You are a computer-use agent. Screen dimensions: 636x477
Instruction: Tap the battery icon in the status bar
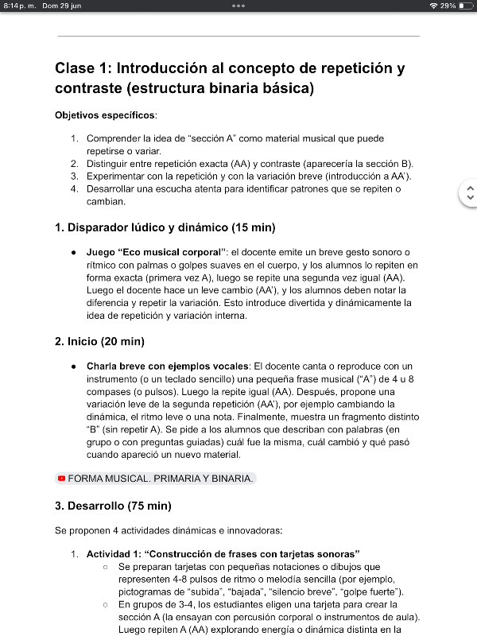(465, 6)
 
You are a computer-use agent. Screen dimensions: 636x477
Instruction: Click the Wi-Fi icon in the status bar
(433, 6)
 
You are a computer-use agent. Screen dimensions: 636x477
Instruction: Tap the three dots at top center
(238, 6)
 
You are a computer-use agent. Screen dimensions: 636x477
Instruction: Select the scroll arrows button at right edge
(469, 192)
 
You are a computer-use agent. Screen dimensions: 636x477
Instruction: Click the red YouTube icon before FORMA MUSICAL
(61, 479)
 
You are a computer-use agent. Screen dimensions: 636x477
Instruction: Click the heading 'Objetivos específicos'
(106, 115)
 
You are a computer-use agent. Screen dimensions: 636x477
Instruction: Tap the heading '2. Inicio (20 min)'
(99, 342)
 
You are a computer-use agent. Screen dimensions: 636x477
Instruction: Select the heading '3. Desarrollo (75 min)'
(113, 506)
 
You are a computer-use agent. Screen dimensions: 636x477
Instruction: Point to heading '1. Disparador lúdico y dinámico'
(165, 228)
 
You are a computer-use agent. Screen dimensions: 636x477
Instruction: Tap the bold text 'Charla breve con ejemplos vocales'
(168, 366)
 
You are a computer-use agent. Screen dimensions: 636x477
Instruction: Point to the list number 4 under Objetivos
(74, 189)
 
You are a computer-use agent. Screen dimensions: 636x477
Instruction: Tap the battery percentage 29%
(448, 6)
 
